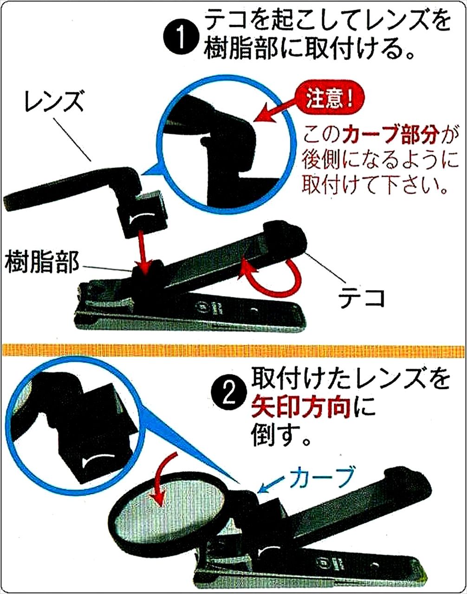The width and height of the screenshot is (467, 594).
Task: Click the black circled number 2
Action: [228, 394]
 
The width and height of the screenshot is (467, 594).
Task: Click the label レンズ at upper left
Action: [55, 101]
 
